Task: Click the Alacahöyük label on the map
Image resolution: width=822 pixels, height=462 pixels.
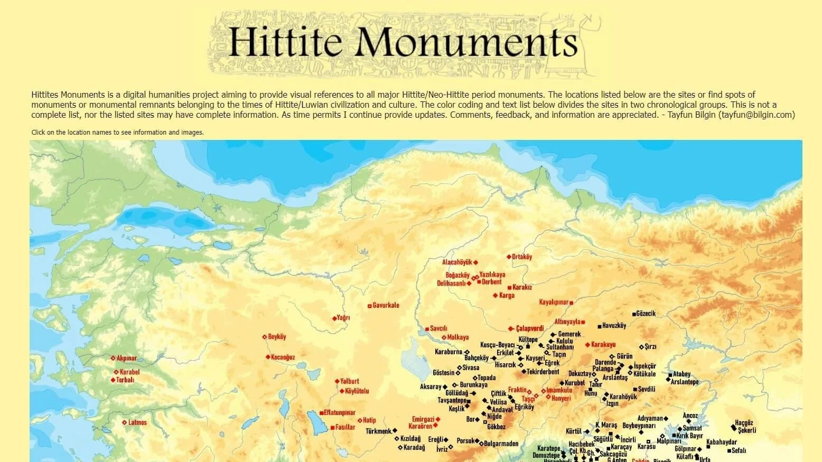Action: point(457,262)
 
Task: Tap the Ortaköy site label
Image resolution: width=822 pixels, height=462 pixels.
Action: point(522,257)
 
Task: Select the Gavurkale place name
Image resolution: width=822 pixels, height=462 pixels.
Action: point(386,306)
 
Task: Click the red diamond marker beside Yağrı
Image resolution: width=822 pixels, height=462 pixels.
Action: point(334,318)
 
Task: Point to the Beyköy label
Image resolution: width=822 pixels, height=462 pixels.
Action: point(277,337)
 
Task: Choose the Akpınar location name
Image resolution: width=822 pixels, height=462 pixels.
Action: point(126,359)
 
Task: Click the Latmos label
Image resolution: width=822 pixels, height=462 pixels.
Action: point(137,423)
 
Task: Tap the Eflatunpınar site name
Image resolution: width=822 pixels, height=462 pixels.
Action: point(340,413)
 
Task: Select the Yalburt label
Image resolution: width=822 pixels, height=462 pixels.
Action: point(350,381)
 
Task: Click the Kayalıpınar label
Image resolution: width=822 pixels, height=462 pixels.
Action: point(554,303)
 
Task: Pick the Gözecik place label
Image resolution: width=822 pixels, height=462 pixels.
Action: point(646,314)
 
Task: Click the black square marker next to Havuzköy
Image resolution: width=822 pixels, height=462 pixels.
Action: point(600,326)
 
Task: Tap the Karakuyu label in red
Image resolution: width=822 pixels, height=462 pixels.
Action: point(603,345)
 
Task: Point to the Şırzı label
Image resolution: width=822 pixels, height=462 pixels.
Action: point(650,347)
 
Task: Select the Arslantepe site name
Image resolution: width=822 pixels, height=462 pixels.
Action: point(685,382)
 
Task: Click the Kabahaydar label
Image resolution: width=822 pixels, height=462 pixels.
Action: point(722,442)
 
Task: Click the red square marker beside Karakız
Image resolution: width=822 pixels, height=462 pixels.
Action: point(509,288)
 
